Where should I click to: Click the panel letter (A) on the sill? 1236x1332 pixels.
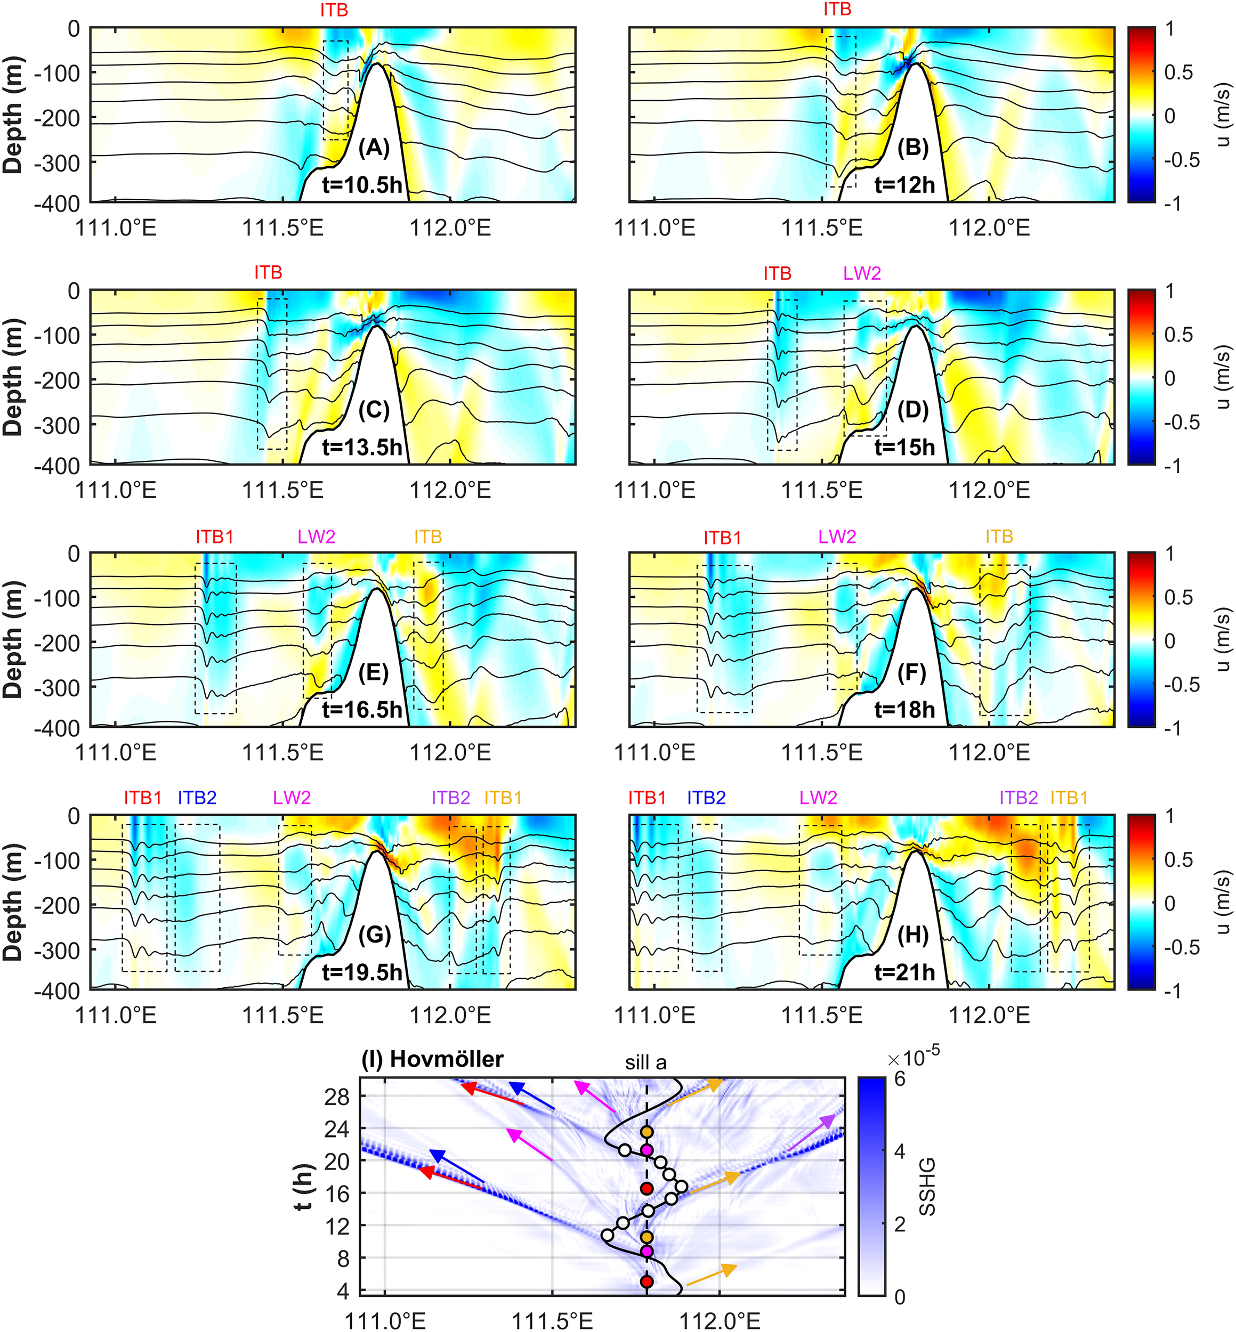pyautogui.click(x=374, y=147)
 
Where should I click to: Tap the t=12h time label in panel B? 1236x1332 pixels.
pyautogui.click(x=904, y=184)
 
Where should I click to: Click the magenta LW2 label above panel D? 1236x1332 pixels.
pyautogui.click(x=861, y=273)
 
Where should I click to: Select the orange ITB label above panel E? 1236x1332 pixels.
pyautogui.click(x=428, y=537)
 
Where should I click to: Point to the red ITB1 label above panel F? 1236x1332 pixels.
pyautogui.click(x=722, y=538)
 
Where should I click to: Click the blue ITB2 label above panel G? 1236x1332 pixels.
pyautogui.click(x=197, y=798)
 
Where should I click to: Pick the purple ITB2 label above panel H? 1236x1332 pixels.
pyautogui.click(x=1018, y=798)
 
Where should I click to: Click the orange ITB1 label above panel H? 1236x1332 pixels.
pyautogui.click(x=1069, y=798)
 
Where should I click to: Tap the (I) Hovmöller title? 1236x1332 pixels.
pyautogui.click(x=433, y=1060)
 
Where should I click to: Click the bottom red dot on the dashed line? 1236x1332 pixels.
pyautogui.click(x=647, y=1281)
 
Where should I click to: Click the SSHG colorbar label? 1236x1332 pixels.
pyautogui.click(x=928, y=1187)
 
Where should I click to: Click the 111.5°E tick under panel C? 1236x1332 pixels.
pyautogui.click(x=283, y=490)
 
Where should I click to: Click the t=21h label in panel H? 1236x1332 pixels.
pyautogui.click(x=904, y=972)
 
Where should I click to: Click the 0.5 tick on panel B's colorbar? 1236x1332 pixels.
pyautogui.click(x=1178, y=72)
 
